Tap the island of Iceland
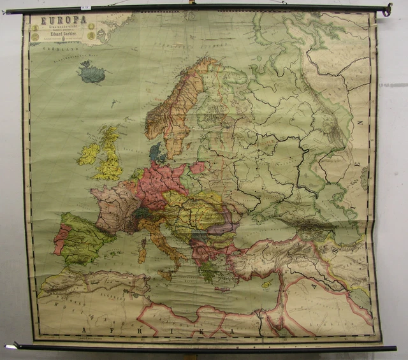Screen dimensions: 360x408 (x=92, y=73)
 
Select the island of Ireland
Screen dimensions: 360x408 (x=89, y=154)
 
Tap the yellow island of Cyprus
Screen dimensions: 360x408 (x=266, y=284)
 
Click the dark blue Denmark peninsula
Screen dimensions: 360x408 (x=155, y=153)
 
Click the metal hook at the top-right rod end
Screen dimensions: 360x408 (x=386, y=9)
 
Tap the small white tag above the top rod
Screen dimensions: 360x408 (x=86, y=7)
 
